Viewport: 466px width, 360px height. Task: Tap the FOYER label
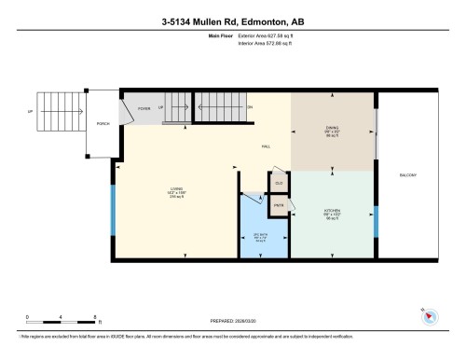pos(144,108)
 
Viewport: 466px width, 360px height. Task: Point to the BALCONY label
pos(407,175)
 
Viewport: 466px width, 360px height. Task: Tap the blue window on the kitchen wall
pos(377,221)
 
